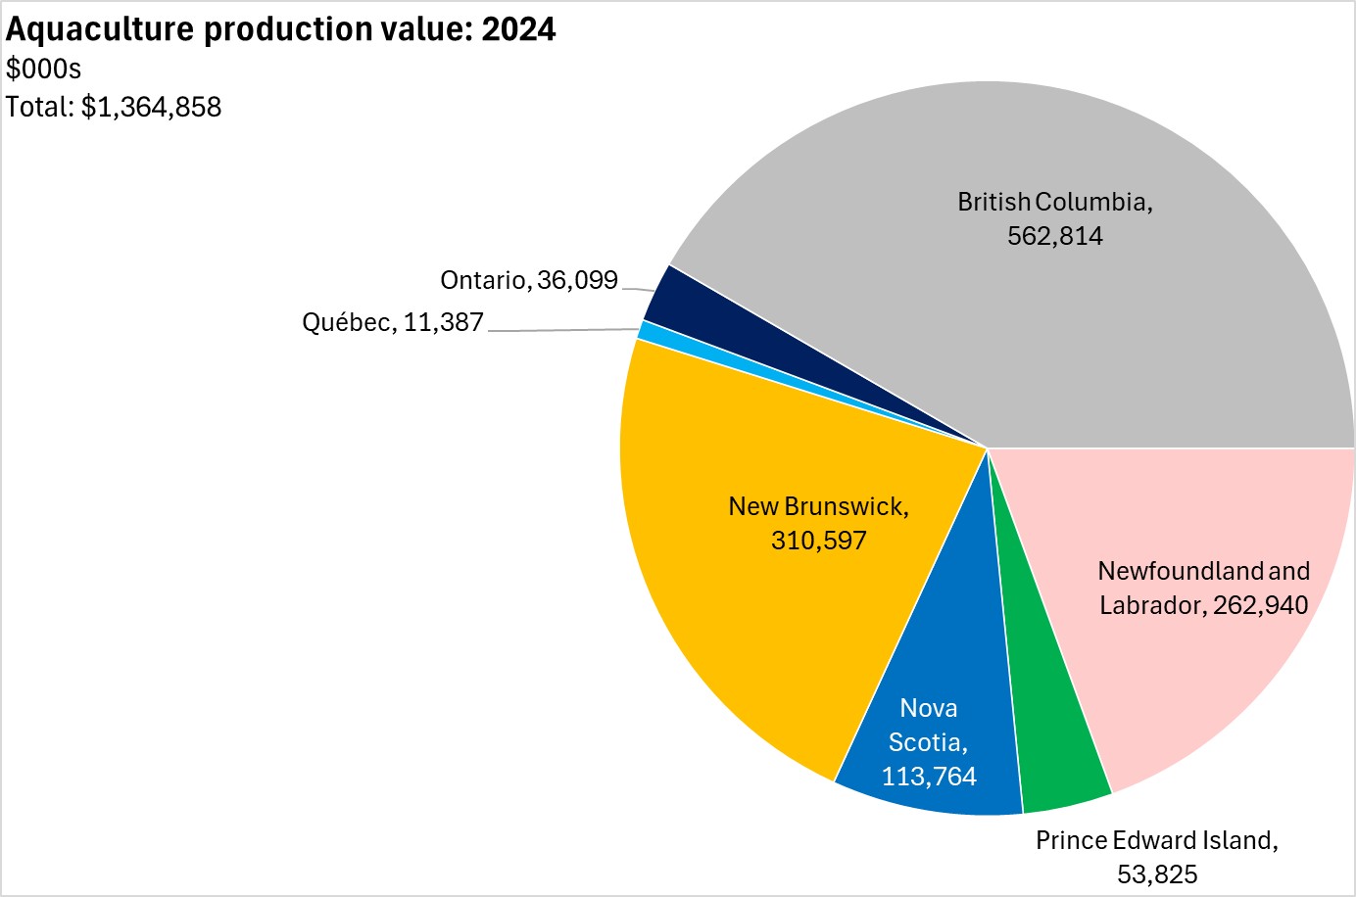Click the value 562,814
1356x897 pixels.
(1055, 236)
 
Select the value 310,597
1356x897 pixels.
(819, 541)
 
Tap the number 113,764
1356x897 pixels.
(929, 777)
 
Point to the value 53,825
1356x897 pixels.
(1157, 874)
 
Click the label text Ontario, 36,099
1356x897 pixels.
(529, 280)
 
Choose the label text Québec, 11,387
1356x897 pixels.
(393, 322)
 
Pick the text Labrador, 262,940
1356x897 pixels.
(1203, 605)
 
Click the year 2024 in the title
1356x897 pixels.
(518, 29)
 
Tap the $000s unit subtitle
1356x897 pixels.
(43, 69)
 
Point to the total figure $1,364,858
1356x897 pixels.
(151, 107)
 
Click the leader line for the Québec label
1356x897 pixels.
(563, 331)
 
